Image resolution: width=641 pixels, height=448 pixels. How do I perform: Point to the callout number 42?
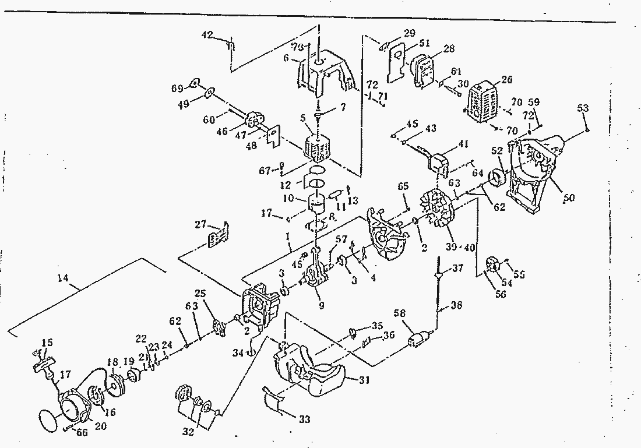tap(207, 35)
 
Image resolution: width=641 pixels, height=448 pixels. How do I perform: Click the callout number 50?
tap(569, 198)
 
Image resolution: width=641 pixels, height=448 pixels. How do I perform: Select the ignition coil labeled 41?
tap(442, 161)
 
